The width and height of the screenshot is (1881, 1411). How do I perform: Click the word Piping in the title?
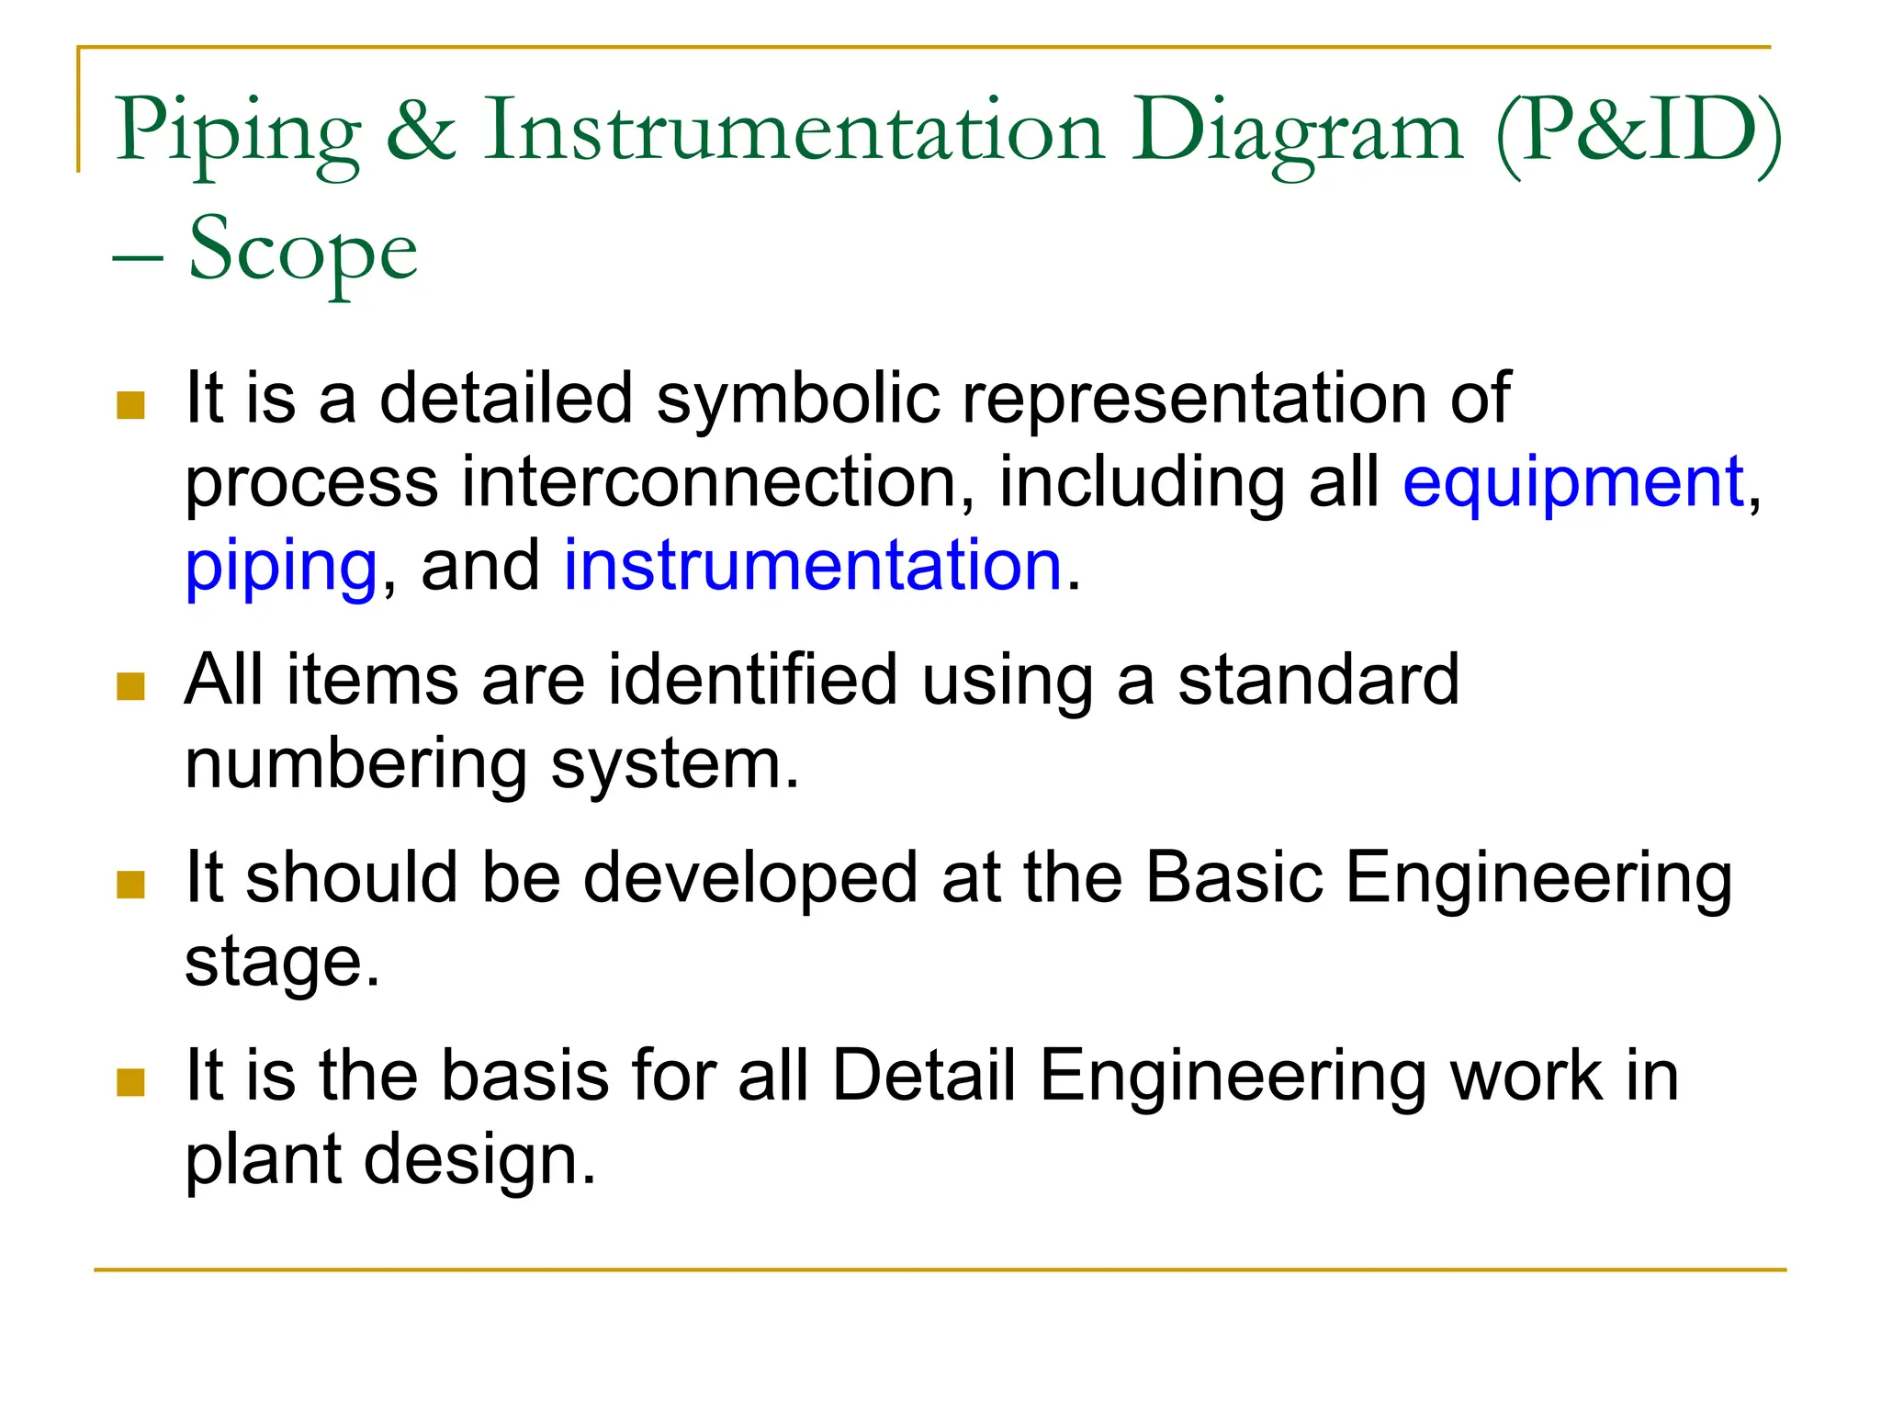coord(238,133)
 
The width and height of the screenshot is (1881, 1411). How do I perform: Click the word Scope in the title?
coord(303,250)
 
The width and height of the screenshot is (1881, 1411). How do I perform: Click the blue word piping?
coord(281,567)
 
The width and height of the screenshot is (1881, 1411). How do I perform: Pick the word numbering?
coord(356,764)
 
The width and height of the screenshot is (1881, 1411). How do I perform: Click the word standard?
coord(1319,680)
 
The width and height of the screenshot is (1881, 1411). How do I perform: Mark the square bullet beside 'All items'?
coord(131,686)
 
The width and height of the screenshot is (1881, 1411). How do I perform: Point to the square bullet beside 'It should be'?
coord(131,885)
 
